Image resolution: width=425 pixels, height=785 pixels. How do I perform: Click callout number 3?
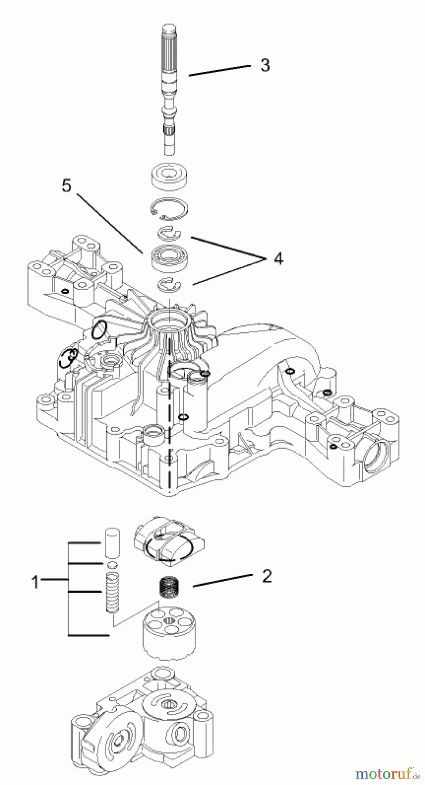pos(265,65)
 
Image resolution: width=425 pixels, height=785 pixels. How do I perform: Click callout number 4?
pos(278,259)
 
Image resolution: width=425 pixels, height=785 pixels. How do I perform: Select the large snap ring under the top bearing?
pos(169,206)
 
